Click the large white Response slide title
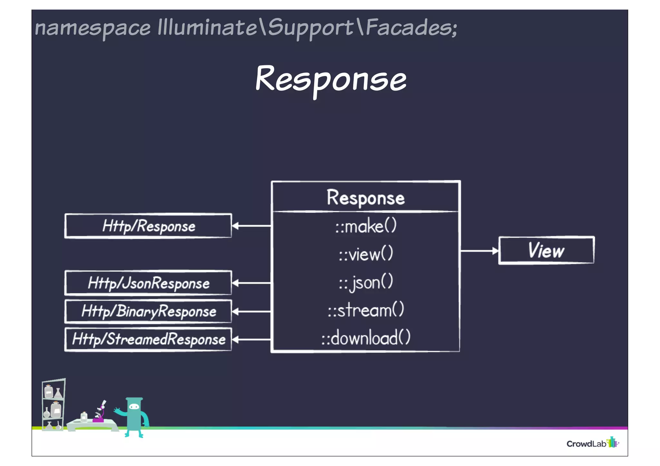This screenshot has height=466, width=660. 331,79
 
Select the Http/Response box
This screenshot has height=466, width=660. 148,226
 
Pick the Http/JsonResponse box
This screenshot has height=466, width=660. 148,283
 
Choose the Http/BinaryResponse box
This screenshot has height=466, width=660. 148,311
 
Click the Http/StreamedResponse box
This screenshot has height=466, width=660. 148,339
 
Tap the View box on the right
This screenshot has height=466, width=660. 546,251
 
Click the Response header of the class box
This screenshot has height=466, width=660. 366,197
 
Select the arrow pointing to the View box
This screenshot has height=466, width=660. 479,251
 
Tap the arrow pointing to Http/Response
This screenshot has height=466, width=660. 251,226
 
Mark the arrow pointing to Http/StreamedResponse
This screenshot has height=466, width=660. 251,339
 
